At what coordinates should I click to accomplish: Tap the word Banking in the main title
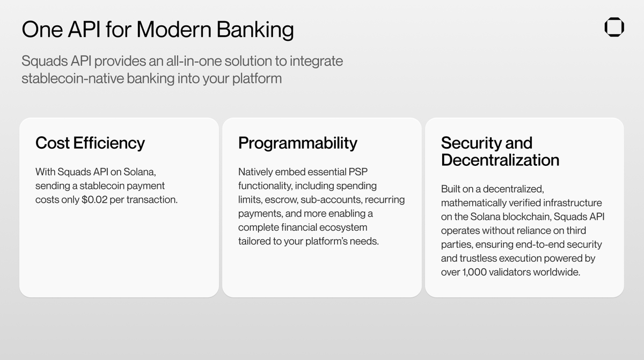click(255, 30)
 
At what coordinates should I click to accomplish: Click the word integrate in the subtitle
click(316, 61)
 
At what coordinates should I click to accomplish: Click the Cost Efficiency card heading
click(90, 143)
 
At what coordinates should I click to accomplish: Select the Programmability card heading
click(297, 143)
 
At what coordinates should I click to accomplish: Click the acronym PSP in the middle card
click(358, 172)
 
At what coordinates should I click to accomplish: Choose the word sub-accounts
click(331, 200)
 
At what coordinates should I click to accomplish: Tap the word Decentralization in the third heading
click(500, 160)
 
